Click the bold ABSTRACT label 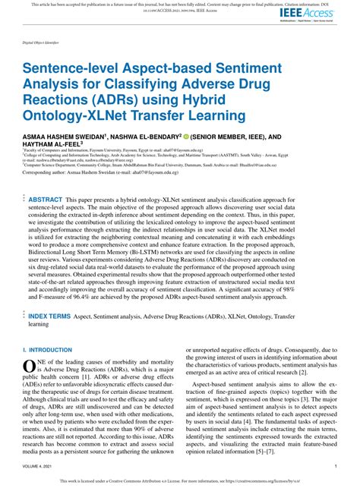tap(45, 199)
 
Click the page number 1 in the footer tap(336, 466)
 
